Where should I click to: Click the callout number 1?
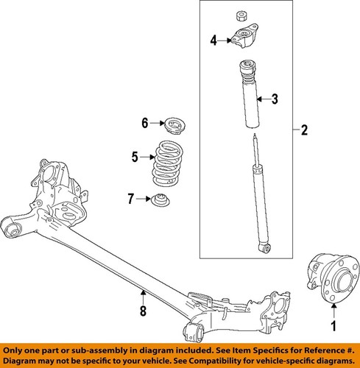click(x=333, y=325)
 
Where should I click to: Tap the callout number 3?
click(x=274, y=99)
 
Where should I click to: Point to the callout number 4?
click(x=213, y=40)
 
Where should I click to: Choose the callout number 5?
click(x=135, y=156)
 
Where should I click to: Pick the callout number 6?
click(x=145, y=122)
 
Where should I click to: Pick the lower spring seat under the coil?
click(x=160, y=199)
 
